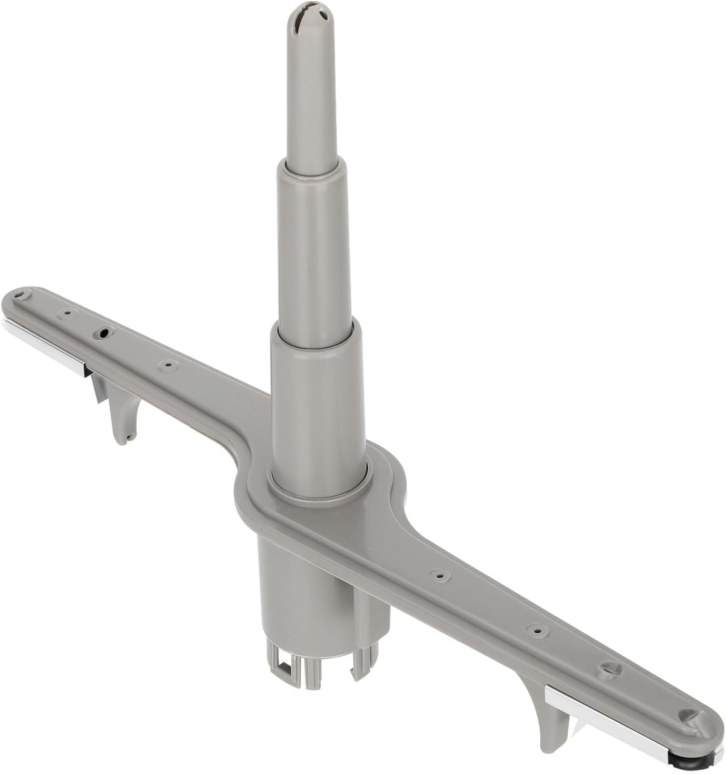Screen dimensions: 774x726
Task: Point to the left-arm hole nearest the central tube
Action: click(x=168, y=364)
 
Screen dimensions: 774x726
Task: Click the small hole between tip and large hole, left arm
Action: click(x=68, y=312)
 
